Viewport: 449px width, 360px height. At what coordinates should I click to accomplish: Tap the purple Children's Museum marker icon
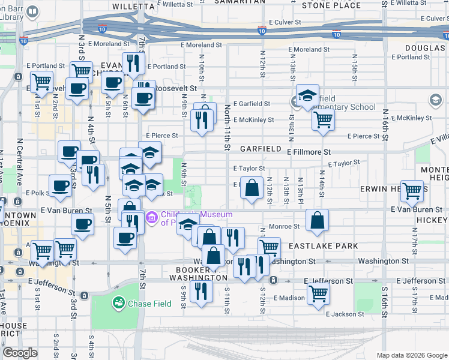pos(151,216)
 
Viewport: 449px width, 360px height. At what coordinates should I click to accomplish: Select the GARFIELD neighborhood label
pos(261,148)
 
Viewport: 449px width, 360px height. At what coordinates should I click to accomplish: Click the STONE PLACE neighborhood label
pos(331,5)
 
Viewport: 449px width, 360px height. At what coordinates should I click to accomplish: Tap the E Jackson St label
pos(345,314)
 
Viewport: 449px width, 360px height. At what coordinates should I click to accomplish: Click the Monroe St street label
pos(285,227)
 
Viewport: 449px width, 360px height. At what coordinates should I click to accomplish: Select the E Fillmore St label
pos(309,152)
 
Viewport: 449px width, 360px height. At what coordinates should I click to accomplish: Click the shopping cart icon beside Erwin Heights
pos(412,191)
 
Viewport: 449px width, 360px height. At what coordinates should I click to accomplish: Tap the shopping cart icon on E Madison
pos(318,293)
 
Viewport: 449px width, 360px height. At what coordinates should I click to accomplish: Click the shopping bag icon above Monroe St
pos(317,220)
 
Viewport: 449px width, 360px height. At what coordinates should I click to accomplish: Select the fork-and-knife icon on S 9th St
pos(200,291)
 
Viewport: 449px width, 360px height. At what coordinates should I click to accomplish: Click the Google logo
pos(20,353)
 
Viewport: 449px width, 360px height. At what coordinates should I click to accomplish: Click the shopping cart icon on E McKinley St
pos(323,119)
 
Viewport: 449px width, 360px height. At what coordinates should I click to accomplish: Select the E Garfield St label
pos(252,104)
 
